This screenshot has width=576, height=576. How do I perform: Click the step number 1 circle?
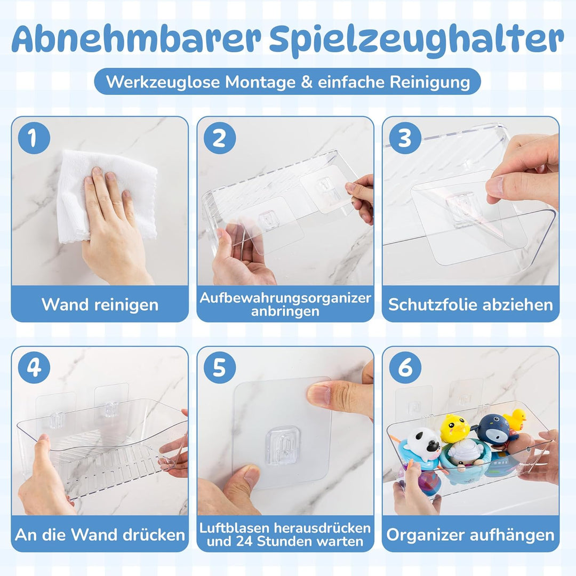coord(34,138)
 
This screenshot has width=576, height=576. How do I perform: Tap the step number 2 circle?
coord(220,138)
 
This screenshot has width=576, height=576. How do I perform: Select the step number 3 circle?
coord(405,138)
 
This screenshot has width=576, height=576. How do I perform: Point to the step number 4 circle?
coord(34,367)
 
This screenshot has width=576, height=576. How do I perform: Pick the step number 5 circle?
coord(220,367)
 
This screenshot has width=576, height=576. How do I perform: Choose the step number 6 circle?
coord(405,367)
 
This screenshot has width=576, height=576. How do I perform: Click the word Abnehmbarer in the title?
coord(137,39)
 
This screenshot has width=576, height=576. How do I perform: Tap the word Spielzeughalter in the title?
coord(417,41)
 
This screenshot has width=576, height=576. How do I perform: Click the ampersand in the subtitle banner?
coord(307,82)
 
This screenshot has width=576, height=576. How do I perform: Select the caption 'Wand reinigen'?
coord(100,305)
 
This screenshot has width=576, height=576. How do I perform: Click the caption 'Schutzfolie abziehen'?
coord(470,305)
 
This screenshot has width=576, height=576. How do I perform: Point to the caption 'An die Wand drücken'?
coord(100,534)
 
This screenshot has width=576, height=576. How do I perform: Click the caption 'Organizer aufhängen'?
coord(470,535)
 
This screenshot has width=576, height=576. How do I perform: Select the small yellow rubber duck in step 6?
coord(515,419)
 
